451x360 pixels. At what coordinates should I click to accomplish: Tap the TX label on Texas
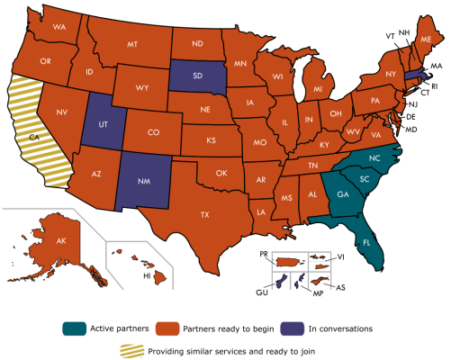(x=205, y=214)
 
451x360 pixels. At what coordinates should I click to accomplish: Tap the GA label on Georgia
(x=342, y=193)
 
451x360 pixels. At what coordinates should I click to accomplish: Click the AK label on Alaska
(x=62, y=241)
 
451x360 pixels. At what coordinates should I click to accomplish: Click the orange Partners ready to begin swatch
(x=167, y=328)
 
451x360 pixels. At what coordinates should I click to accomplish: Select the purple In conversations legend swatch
(x=290, y=328)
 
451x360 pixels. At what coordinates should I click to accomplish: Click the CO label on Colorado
(x=154, y=132)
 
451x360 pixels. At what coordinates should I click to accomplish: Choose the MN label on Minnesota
(x=240, y=65)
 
